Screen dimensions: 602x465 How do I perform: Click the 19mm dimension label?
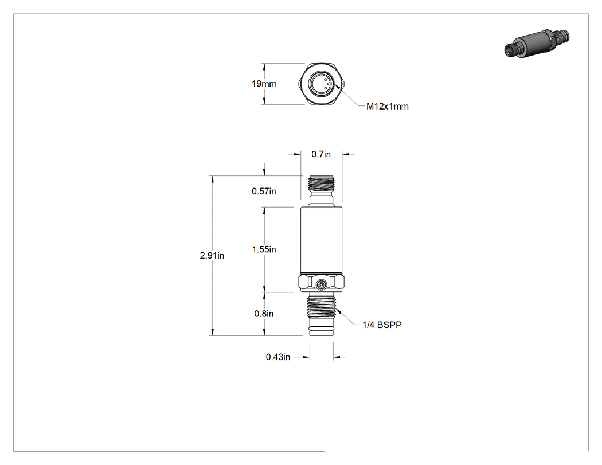click(x=264, y=84)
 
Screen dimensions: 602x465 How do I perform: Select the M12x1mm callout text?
click(x=388, y=107)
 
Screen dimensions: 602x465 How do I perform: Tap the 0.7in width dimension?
click(x=321, y=154)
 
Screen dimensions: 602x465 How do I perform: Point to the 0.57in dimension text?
click(x=264, y=192)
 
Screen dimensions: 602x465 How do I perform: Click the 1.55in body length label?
click(x=264, y=249)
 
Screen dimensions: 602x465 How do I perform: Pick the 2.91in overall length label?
click(x=212, y=255)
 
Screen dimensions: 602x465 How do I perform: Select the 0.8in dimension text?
click(x=264, y=314)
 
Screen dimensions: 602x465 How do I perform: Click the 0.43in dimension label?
click(x=278, y=357)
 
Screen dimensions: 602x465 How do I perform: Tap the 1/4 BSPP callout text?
click(x=382, y=325)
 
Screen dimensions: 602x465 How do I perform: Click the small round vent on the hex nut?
click(x=321, y=284)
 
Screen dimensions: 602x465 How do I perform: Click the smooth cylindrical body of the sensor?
click(x=321, y=240)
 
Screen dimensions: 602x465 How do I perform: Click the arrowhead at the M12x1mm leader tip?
click(x=337, y=87)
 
